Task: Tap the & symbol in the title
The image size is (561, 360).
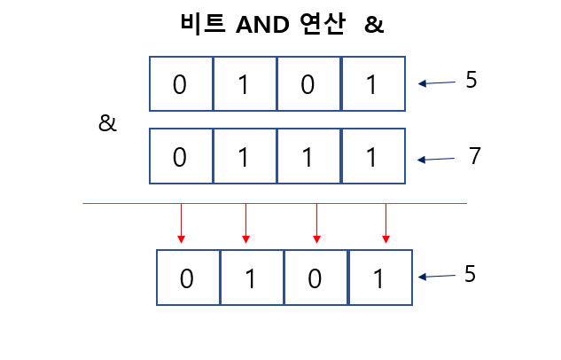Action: (374, 25)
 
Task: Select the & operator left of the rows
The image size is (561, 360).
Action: (107, 123)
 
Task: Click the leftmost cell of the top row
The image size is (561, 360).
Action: (181, 84)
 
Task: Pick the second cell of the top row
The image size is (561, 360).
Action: (245, 84)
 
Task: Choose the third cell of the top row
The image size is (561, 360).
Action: (308, 84)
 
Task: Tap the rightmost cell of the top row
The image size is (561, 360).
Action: (372, 84)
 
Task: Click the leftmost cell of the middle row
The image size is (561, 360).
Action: (181, 157)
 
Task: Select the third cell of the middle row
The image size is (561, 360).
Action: (308, 157)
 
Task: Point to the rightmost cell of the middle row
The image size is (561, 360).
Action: (372, 157)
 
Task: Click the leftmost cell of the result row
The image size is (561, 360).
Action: (188, 278)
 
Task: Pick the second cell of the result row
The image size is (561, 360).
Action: (252, 278)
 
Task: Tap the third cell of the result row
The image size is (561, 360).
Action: (316, 278)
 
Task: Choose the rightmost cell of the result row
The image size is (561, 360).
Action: (379, 278)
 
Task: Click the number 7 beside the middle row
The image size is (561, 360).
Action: (475, 157)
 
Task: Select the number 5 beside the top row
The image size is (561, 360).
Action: (471, 81)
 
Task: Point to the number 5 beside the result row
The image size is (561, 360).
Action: (470, 274)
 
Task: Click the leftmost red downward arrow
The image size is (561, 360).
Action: (181, 223)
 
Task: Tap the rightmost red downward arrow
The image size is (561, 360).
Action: (386, 223)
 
